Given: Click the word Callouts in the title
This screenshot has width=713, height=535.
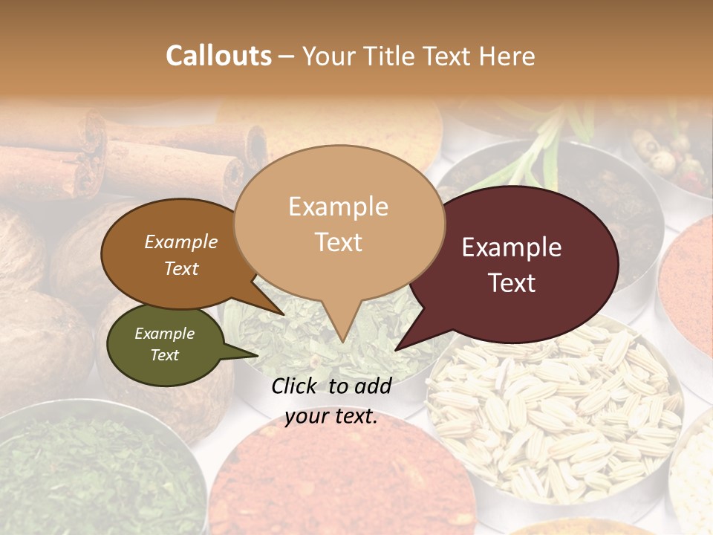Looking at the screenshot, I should click(218, 56).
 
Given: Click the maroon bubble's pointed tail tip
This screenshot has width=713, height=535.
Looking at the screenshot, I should click(396, 349).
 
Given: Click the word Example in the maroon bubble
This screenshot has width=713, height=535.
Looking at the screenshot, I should click(512, 247).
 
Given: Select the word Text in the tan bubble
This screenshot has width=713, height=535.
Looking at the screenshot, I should click(339, 242).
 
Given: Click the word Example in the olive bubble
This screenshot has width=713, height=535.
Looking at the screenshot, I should click(164, 334).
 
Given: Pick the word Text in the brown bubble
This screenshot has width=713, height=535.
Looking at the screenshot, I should click(181, 268).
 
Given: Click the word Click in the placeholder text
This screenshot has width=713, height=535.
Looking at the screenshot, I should click(296, 386).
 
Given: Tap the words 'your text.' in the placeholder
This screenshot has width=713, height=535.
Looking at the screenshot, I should click(331, 417).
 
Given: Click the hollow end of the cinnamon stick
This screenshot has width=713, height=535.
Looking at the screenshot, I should click(256, 146).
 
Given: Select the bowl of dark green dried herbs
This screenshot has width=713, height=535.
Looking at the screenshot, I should click(97, 476).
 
